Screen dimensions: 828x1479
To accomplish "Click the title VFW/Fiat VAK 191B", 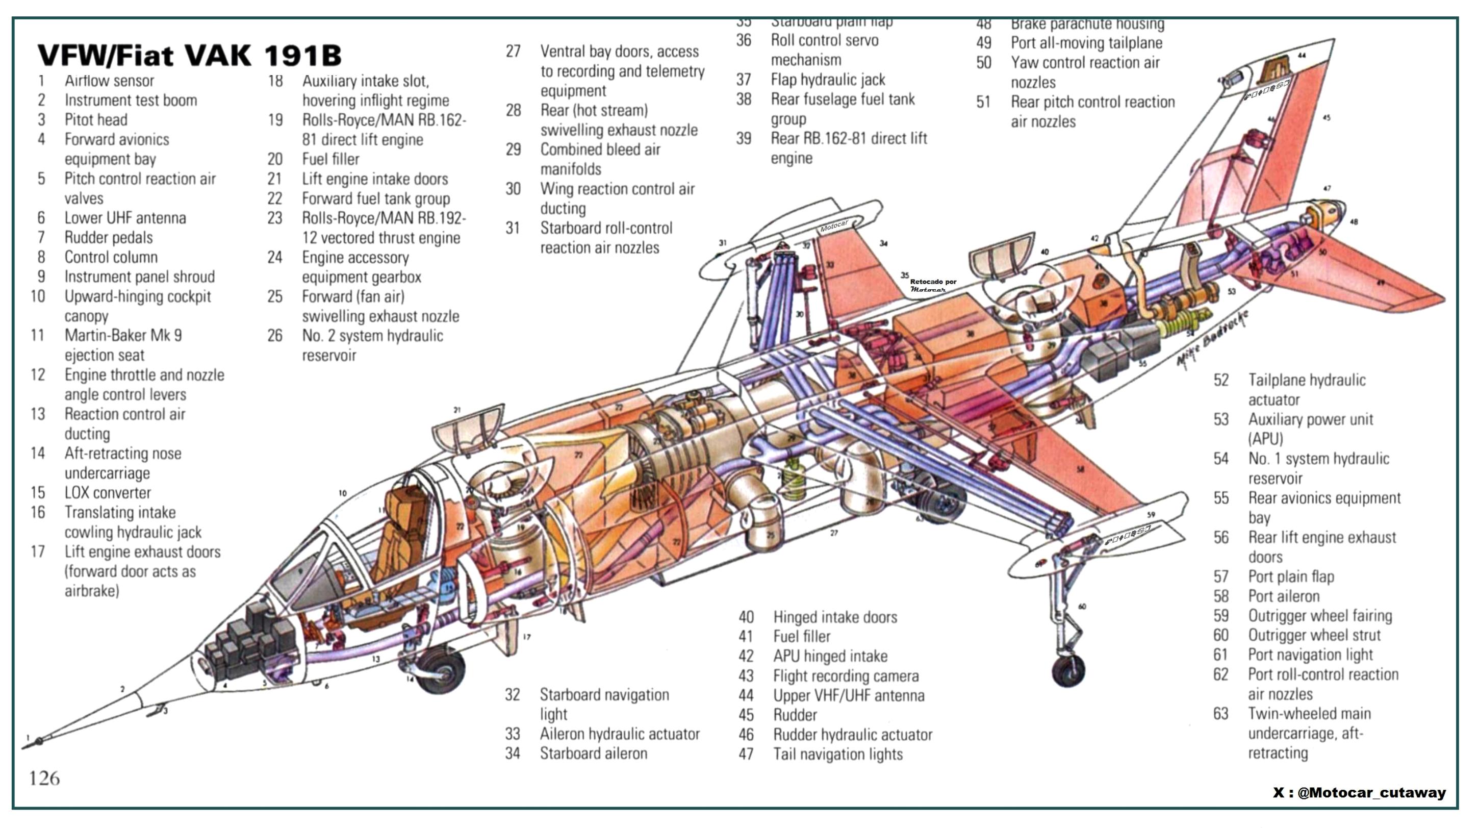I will pos(190,56).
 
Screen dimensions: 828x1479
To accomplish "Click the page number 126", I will pos(44,779).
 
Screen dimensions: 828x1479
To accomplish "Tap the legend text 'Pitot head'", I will pos(95,120).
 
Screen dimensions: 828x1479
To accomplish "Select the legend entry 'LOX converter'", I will pos(108,493).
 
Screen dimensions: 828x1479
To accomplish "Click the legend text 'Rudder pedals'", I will pos(108,238).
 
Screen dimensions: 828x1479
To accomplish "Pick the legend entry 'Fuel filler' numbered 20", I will pos(330,159).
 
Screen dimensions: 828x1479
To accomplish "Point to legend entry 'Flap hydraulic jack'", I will pos(827,80).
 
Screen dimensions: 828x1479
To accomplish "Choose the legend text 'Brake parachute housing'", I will pos(1087,24).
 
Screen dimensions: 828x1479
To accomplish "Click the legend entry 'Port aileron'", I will pos(1283,596).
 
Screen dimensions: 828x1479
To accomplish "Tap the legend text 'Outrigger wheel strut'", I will pos(1314,635).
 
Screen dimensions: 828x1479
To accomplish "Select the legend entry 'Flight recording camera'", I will pos(845,676).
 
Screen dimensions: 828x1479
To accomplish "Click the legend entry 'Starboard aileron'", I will pos(593,754).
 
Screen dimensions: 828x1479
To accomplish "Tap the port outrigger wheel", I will pos(1068,669).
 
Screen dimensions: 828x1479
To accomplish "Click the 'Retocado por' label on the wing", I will pos(932,282).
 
